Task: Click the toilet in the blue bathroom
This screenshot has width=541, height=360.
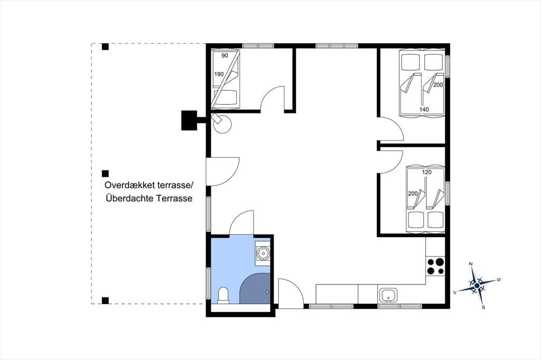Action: point(223,296)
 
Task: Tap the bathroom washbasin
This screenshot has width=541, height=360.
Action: point(263,253)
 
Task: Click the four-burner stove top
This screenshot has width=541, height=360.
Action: point(435,266)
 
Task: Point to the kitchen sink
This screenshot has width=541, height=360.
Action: point(388,296)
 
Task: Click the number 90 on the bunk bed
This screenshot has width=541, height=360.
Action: point(225,55)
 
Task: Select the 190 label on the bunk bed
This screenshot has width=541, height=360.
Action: point(219,74)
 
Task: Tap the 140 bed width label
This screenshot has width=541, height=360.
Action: point(424,110)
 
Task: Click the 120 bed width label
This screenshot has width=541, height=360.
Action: point(427,172)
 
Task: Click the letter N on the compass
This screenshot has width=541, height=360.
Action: point(470,264)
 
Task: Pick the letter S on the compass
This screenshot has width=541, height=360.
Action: point(483,307)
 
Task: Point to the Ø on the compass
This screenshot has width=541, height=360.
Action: point(498,279)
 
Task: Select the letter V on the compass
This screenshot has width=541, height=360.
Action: point(455,292)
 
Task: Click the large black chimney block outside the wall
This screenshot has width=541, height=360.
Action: point(189,120)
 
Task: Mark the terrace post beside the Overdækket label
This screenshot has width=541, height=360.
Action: point(105,174)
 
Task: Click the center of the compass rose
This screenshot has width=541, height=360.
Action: point(477,286)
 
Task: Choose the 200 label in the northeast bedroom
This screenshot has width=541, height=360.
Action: point(438,85)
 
